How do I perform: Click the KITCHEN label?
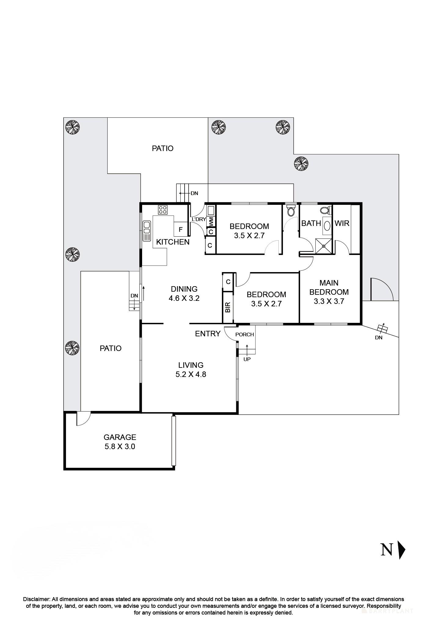(x=173, y=242)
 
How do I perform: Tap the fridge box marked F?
(x=181, y=230)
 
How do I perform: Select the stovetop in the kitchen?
(x=163, y=210)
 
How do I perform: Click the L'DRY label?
(x=199, y=219)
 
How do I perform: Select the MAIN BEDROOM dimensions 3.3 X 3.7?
(x=329, y=301)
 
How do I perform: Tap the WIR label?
(x=342, y=223)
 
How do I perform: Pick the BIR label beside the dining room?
(x=227, y=307)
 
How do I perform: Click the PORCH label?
(x=244, y=334)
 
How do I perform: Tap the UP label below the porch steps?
(x=247, y=359)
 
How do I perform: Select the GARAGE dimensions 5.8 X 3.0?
(x=119, y=447)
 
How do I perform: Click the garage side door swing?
(x=83, y=418)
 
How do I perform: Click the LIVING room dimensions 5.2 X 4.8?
(x=191, y=374)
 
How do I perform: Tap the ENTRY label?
(x=208, y=334)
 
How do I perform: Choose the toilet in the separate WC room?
(x=291, y=211)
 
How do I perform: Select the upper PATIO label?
(x=163, y=149)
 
